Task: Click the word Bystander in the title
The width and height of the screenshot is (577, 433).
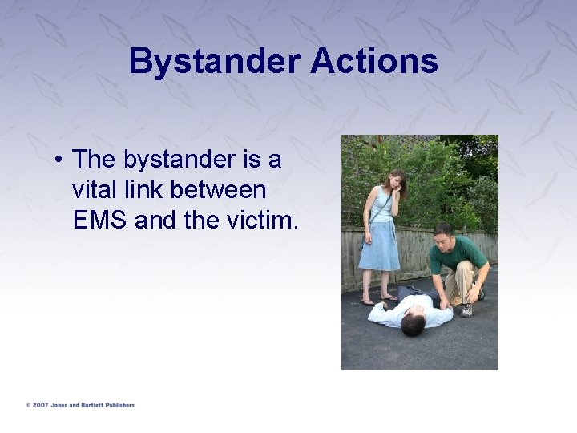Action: pos(205,62)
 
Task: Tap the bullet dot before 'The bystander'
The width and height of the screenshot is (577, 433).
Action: pos(60,161)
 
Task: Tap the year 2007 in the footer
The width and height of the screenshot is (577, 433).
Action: pos(39,405)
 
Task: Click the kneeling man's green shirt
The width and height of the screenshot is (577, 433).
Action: pos(457,255)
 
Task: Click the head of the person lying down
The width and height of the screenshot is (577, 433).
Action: pos(413,325)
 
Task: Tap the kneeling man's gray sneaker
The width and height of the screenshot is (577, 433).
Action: pos(466,310)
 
